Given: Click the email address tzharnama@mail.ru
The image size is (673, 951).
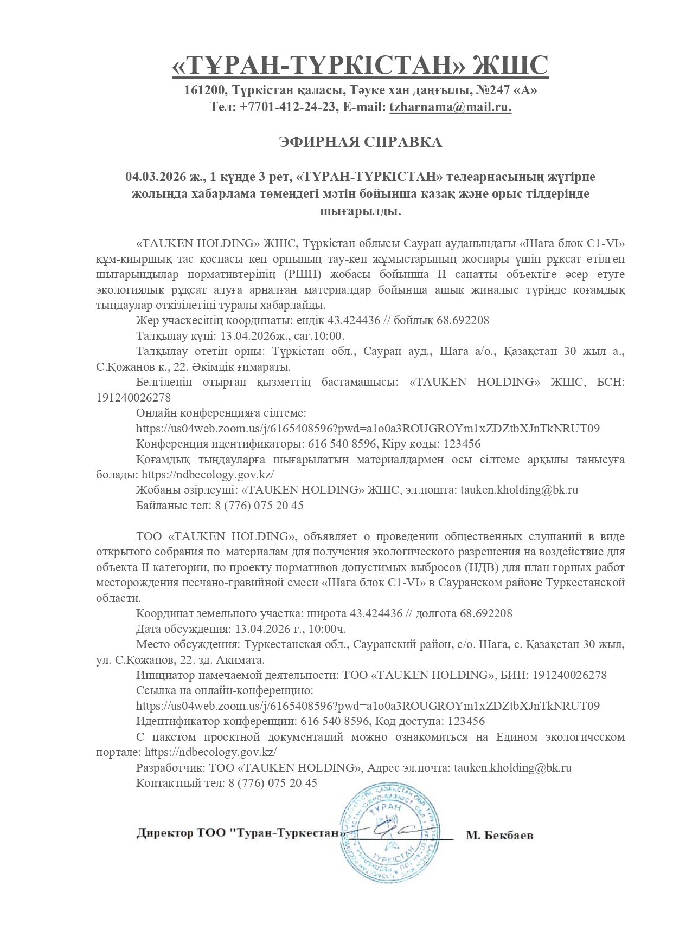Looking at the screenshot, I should pos(450,107).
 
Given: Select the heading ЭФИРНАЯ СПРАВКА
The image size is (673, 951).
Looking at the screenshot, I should pos(360,143).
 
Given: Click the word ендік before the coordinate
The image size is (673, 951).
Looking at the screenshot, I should pos(305,320).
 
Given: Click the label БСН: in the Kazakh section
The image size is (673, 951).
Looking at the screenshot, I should pos(610,382).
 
